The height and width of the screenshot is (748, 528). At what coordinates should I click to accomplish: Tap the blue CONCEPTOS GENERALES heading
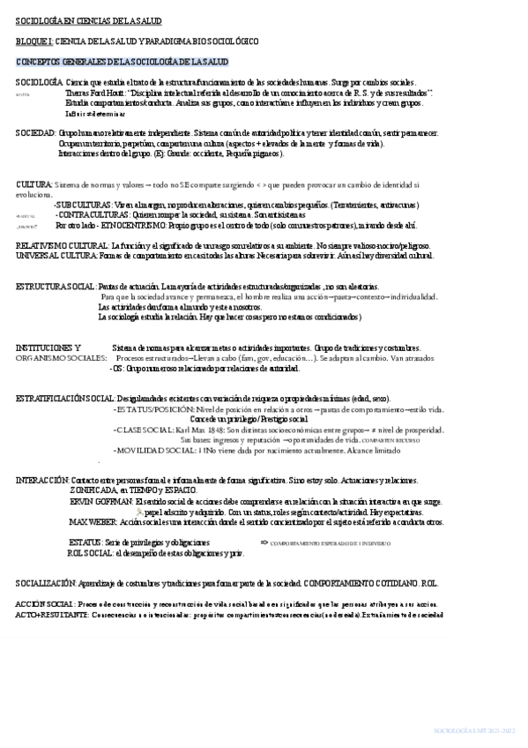(123, 62)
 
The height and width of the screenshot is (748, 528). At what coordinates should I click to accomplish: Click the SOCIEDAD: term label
(36, 131)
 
